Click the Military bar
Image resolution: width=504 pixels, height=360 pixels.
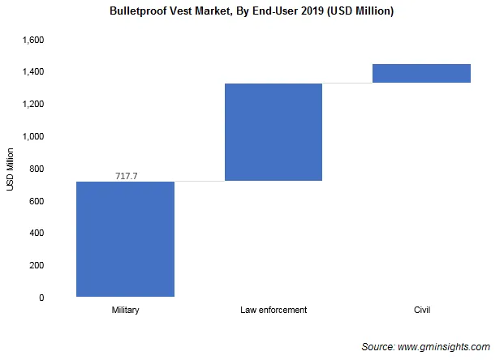click(x=125, y=238)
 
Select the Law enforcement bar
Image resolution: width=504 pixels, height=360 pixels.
click(x=274, y=131)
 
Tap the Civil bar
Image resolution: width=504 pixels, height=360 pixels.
click(x=421, y=73)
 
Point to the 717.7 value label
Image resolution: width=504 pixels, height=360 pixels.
click(x=125, y=175)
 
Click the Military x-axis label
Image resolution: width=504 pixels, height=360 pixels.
click(x=125, y=311)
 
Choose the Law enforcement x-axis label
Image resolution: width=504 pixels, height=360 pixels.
click(x=274, y=311)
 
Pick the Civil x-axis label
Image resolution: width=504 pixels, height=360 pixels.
click(x=421, y=311)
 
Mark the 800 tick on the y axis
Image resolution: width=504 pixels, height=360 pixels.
click(x=35, y=169)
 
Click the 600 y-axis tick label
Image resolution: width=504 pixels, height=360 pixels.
click(x=35, y=201)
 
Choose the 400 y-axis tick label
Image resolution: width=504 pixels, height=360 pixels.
click(x=35, y=234)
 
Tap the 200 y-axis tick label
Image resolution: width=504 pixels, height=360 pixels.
click(x=35, y=265)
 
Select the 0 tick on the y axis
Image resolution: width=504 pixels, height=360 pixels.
click(x=41, y=298)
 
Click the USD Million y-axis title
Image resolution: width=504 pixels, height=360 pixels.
click(x=11, y=169)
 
